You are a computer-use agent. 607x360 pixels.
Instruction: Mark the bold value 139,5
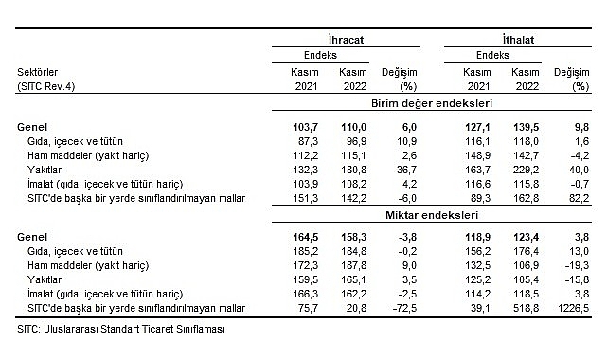[523, 125]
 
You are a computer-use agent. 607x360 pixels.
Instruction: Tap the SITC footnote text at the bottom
[118, 330]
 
